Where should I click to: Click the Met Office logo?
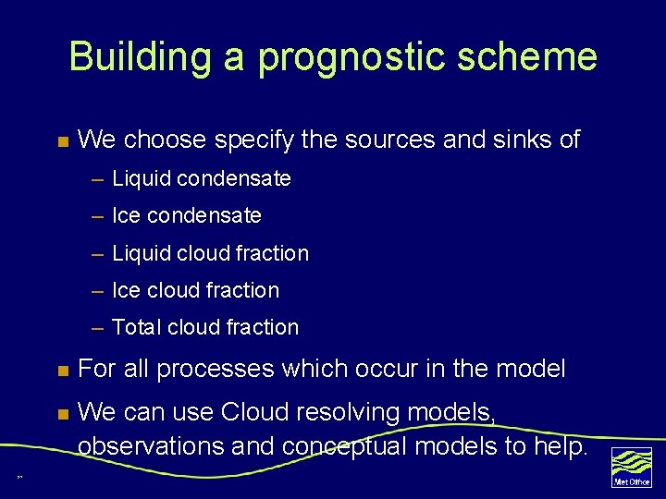(632, 467)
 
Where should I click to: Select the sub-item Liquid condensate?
(201, 178)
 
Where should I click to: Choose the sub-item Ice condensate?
(186, 215)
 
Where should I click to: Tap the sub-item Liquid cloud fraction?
(210, 253)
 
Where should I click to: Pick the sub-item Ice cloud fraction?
(195, 290)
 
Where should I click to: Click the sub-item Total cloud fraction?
(205, 327)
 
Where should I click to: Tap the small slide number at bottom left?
(18, 478)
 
